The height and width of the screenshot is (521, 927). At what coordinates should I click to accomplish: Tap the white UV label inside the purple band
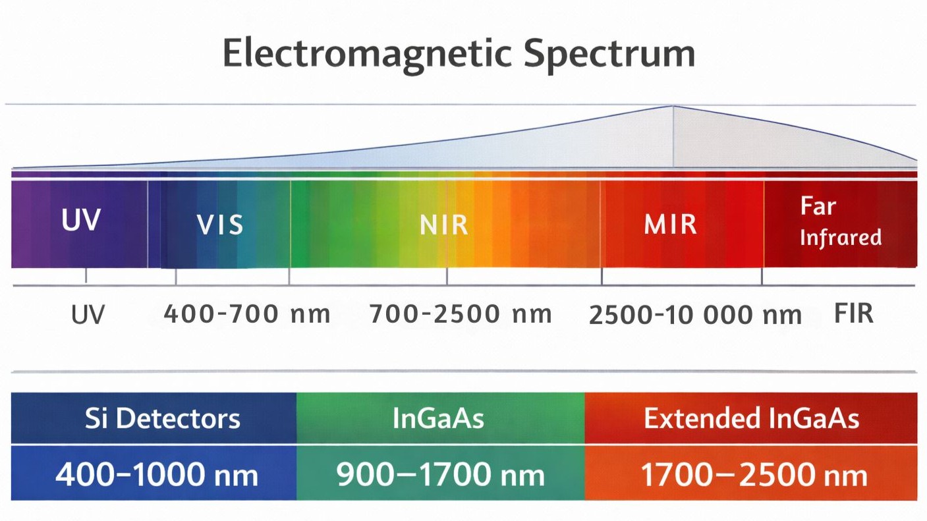coord(80,221)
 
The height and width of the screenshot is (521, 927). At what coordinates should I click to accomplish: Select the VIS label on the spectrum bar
coord(220,225)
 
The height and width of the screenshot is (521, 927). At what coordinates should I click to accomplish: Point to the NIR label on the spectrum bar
coord(443,225)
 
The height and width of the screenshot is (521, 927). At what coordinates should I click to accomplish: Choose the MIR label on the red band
coord(670,225)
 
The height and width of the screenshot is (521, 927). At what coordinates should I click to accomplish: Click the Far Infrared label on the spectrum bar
coord(840,222)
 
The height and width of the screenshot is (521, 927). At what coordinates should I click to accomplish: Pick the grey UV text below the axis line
coord(88,315)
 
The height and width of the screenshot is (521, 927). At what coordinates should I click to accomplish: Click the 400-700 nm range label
coord(246,314)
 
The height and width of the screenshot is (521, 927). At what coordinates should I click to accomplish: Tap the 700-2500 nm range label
coord(460,314)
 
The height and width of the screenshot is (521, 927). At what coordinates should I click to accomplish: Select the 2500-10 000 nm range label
coord(695,315)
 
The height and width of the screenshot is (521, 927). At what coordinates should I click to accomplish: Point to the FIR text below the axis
coord(854,314)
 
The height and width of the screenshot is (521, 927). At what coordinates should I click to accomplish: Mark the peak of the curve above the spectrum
coord(673,106)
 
